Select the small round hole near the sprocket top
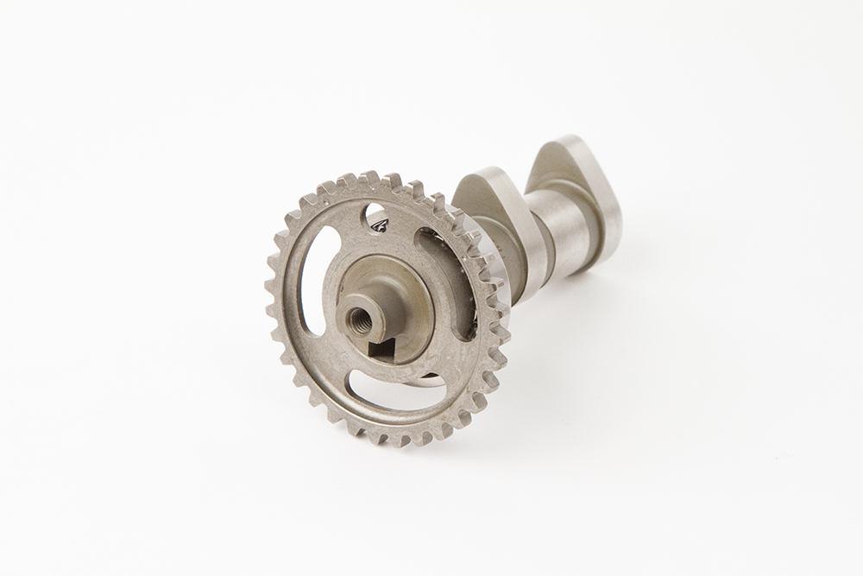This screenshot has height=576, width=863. [378, 219]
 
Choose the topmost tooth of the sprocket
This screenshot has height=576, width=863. [370, 179]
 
